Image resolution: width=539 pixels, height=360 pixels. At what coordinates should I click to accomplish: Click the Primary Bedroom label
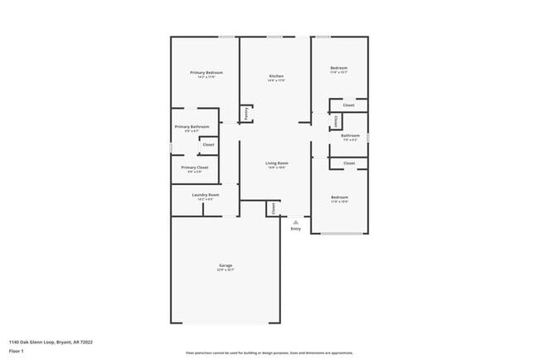point(206,72)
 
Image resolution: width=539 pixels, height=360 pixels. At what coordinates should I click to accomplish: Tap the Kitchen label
point(276,76)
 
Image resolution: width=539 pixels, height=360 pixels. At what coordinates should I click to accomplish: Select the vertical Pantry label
point(246,113)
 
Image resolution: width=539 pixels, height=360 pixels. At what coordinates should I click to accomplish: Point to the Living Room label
point(276,163)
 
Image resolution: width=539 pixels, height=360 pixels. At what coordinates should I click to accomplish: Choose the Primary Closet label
point(194,167)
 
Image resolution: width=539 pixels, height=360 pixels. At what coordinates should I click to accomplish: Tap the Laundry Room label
point(196,195)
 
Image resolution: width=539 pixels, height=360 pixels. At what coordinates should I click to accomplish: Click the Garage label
point(226,265)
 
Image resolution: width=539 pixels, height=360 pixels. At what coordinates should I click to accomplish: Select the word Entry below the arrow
point(295,229)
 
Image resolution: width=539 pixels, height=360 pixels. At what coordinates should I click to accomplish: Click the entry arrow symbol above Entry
point(295,221)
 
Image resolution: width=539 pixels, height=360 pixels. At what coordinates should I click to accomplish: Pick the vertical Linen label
point(335,121)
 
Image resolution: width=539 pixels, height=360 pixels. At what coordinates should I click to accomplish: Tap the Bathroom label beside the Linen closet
point(350,135)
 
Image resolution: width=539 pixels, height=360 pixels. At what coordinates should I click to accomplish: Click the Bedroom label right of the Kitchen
point(338,68)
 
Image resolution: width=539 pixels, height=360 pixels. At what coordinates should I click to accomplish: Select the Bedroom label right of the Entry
point(338,197)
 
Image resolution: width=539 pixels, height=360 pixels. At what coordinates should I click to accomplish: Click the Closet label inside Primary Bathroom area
point(208,145)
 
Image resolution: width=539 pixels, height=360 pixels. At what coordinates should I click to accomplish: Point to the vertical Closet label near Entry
point(273,209)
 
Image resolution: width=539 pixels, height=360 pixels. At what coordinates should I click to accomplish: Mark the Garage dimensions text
point(226,270)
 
